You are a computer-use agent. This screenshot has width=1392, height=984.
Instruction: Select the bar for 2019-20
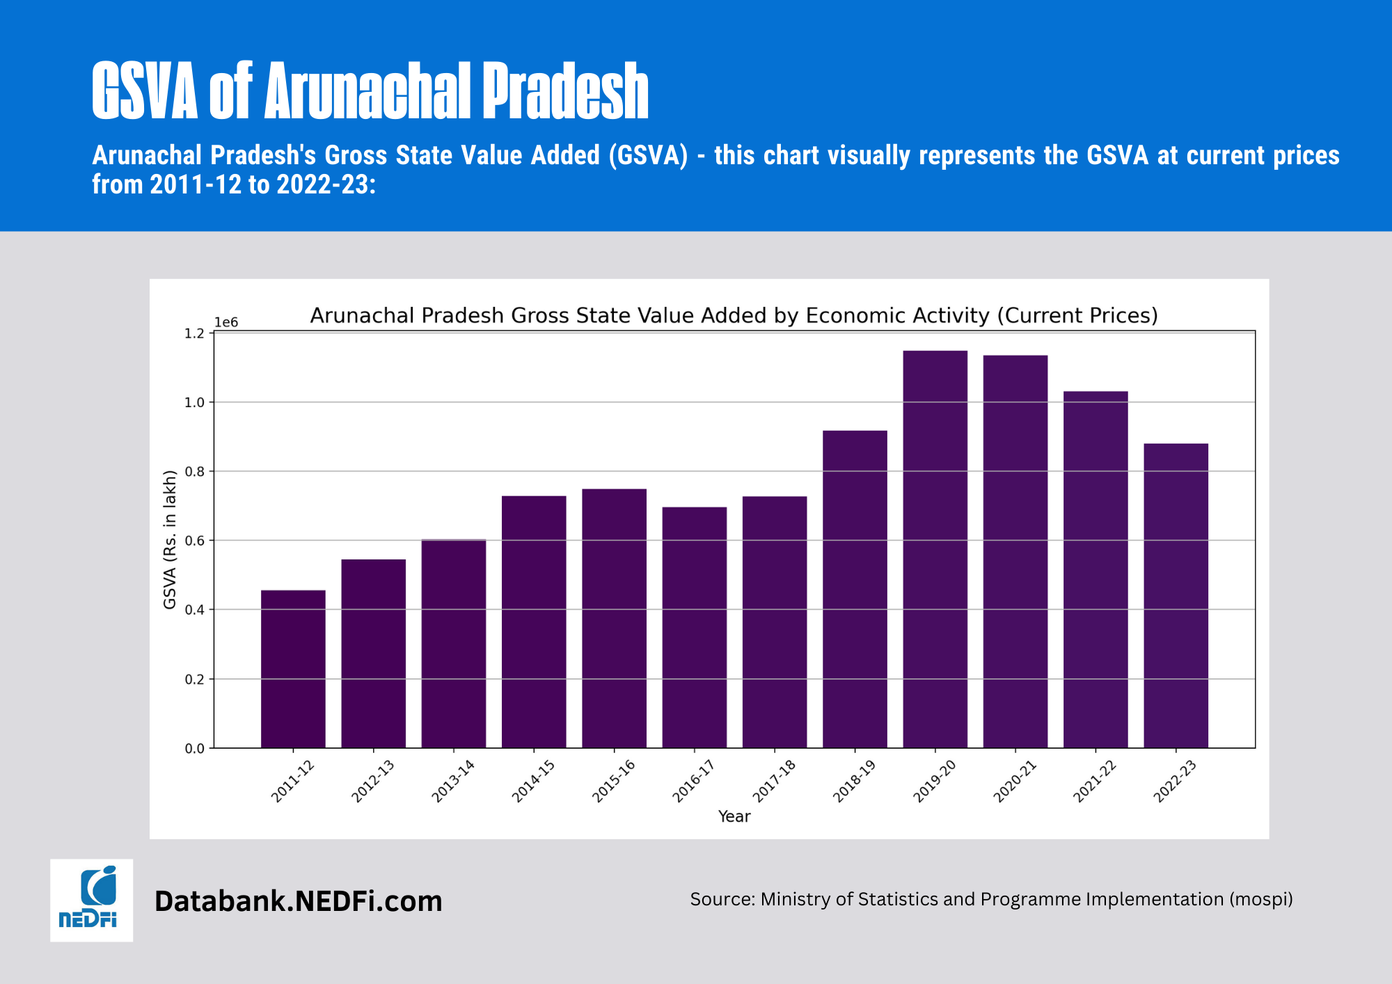(x=935, y=550)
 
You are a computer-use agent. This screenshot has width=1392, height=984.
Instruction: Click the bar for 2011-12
(x=293, y=669)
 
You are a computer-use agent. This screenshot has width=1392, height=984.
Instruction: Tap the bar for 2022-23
(x=1176, y=596)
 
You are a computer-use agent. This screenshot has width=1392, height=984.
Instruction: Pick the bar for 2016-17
(x=694, y=627)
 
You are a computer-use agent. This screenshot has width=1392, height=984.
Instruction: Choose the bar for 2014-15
(x=534, y=621)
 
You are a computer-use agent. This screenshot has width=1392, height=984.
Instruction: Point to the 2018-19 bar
(x=855, y=589)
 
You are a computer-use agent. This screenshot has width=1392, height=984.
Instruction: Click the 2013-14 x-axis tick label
(x=453, y=781)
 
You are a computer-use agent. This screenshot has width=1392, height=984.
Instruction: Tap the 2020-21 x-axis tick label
(x=1015, y=781)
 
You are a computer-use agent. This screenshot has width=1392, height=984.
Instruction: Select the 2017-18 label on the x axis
(x=774, y=781)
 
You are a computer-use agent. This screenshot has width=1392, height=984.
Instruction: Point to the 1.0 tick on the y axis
(x=194, y=403)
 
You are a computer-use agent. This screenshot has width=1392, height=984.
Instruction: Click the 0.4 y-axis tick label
(x=194, y=610)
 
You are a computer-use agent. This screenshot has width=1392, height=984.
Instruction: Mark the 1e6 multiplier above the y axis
(x=226, y=322)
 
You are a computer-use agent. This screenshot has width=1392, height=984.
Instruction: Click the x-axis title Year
(x=734, y=816)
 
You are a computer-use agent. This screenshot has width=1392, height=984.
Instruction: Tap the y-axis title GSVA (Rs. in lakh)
(x=170, y=540)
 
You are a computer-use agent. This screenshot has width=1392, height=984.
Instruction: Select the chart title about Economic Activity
(x=734, y=316)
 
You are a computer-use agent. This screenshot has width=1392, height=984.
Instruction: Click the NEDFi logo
(x=91, y=900)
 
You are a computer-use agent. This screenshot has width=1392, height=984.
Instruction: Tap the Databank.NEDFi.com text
(x=298, y=901)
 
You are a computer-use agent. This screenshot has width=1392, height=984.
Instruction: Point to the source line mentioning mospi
(x=991, y=899)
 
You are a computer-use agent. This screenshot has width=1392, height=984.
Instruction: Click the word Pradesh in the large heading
(x=565, y=91)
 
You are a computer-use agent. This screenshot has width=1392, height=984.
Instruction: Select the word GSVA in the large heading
(x=145, y=91)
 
